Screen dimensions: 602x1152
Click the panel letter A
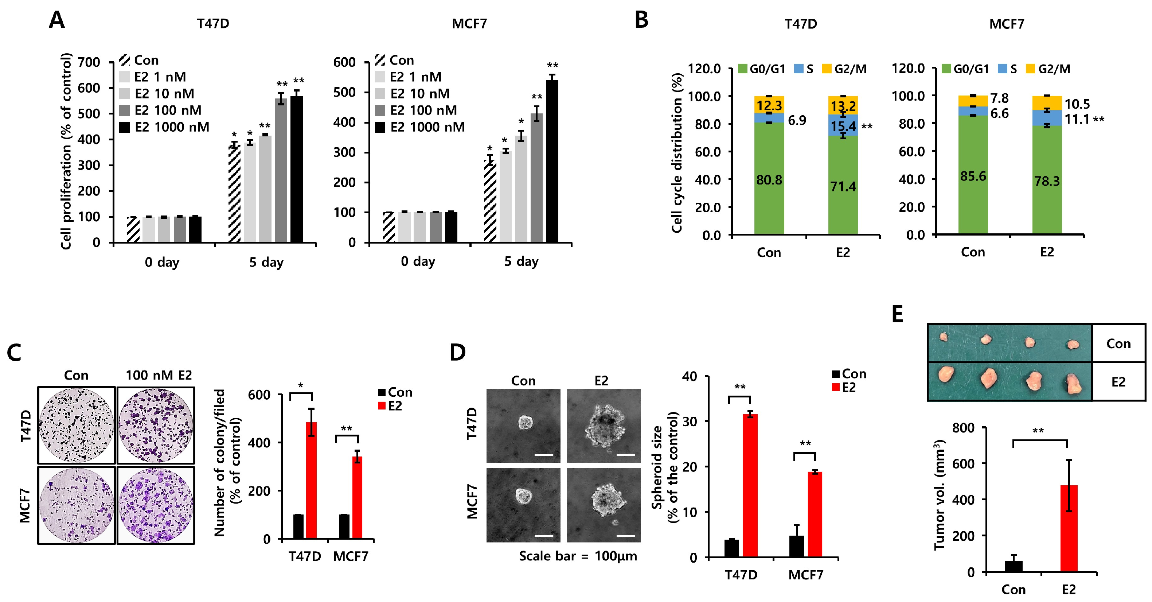point(57,20)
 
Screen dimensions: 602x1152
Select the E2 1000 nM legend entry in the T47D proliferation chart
point(165,127)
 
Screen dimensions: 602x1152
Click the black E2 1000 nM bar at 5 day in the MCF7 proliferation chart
point(552,161)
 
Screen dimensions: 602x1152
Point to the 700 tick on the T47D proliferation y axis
point(89,62)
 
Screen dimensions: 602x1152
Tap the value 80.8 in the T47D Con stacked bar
point(769,180)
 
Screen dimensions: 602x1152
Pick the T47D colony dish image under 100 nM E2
point(156,425)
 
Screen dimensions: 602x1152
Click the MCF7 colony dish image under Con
point(77,505)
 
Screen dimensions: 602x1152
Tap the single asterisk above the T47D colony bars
point(301,385)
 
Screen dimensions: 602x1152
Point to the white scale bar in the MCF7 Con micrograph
point(544,535)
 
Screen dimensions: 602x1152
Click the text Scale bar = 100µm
point(578,556)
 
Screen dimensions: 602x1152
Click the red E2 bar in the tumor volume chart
point(1069,528)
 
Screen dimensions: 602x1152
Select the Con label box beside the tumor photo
point(1118,344)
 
